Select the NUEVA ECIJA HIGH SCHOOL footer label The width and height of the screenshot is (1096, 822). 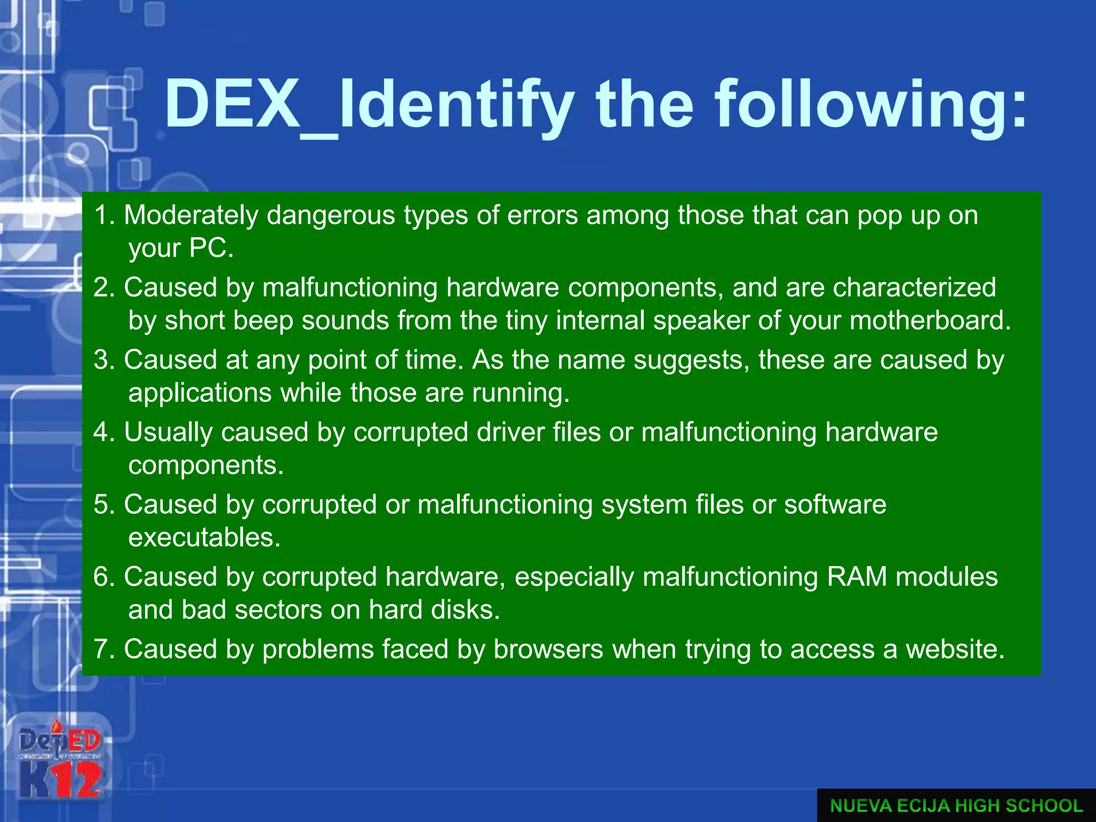(956, 805)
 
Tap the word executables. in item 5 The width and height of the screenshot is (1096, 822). (204, 538)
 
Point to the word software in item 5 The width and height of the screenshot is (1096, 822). (835, 505)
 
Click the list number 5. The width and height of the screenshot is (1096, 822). (104, 505)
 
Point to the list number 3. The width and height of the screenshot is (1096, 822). (104, 360)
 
